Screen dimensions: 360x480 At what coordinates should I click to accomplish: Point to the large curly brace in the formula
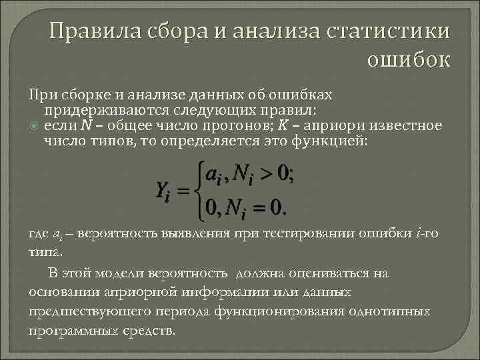(x=198, y=191)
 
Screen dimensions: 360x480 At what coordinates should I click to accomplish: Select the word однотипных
(x=387, y=311)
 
